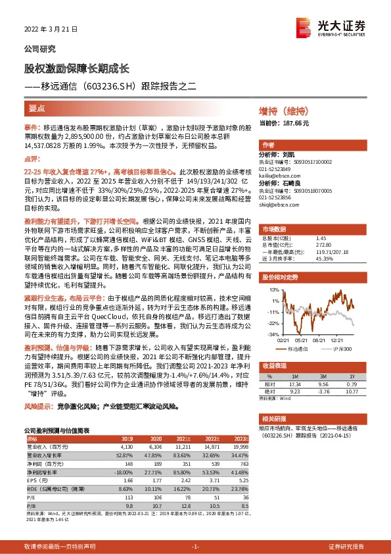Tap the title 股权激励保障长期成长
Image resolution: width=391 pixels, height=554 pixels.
pos(77,68)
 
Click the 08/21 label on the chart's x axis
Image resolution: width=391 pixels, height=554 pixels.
pos(321,340)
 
